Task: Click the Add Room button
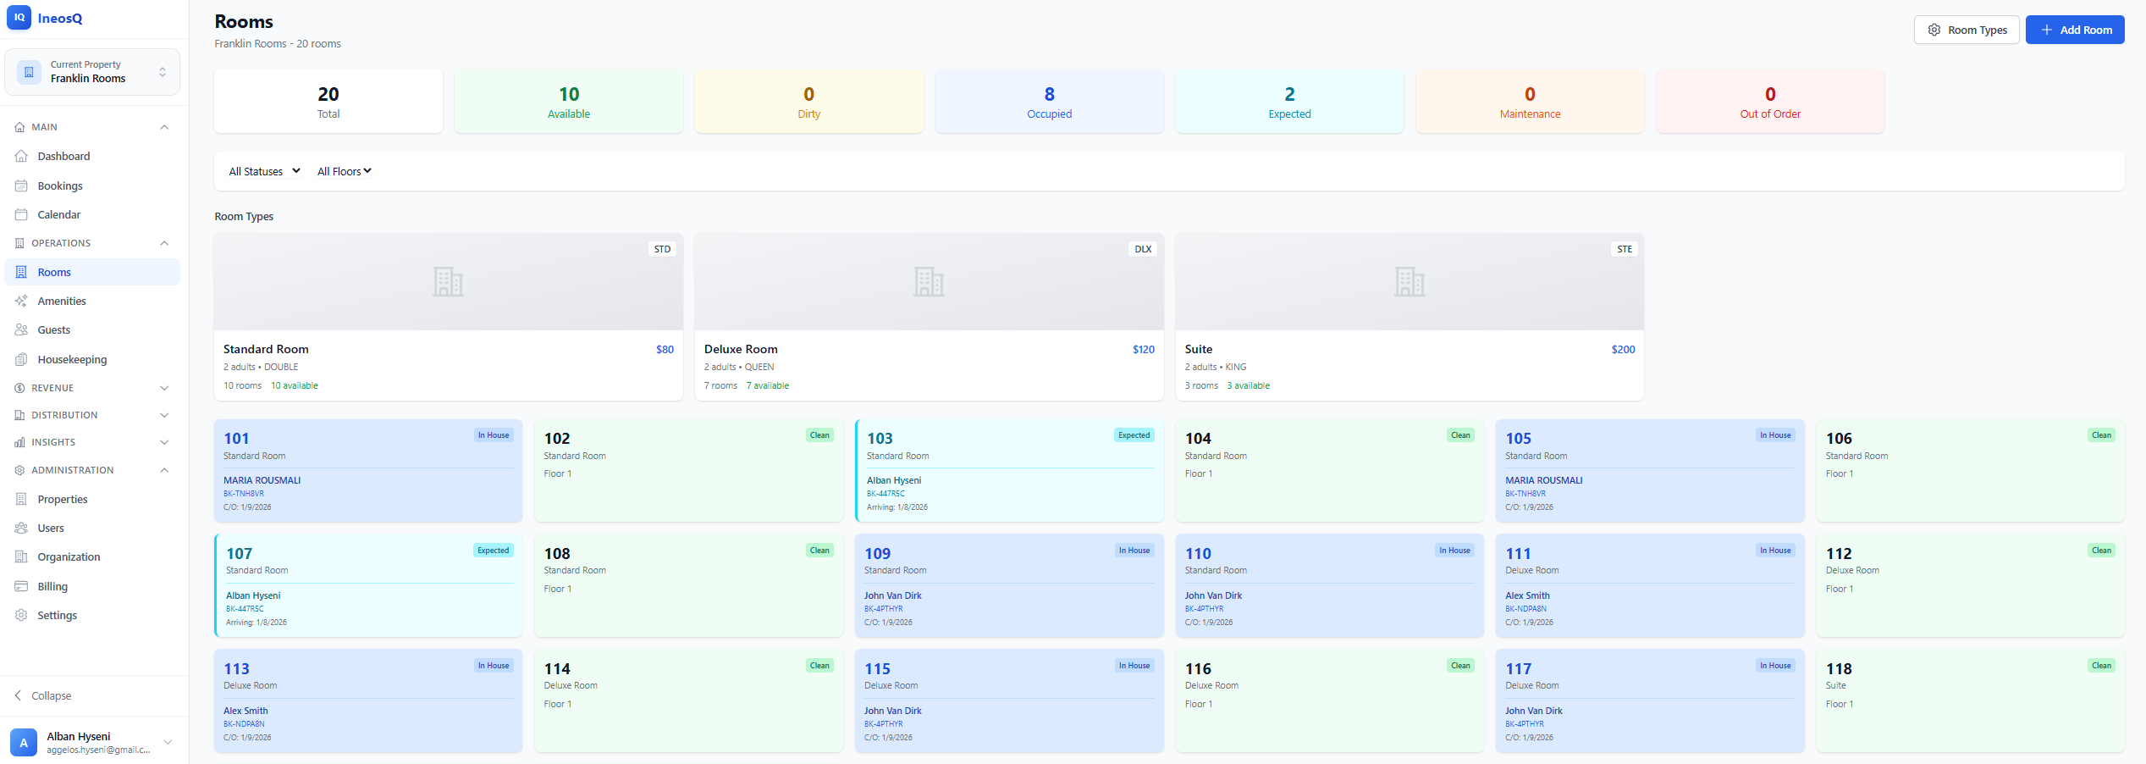2074,30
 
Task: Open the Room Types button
1966,30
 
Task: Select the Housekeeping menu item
72,359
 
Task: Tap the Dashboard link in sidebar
63,156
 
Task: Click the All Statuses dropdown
264,171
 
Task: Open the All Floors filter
344,171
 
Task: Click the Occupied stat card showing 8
1049,102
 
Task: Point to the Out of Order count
1769,94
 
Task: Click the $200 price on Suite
1622,349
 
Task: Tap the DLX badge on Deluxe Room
1142,249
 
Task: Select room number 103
880,438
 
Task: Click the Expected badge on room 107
493,551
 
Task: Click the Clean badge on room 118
2101,666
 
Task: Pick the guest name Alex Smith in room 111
1527,595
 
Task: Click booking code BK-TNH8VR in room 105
1525,494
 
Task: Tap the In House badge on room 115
1134,666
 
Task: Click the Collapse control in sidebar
51,695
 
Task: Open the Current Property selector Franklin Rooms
92,72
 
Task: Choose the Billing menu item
52,586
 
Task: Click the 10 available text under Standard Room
295,385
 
